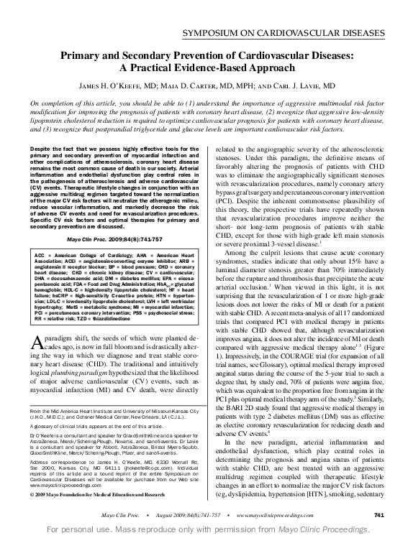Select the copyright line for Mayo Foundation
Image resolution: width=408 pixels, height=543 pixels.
pyautogui.click(x=101, y=496)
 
